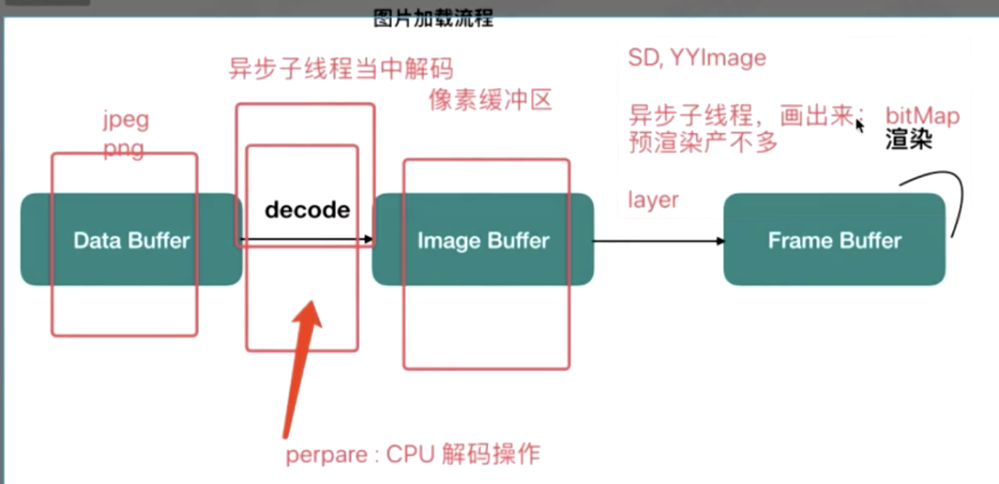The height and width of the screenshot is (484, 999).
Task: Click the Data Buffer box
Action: (x=131, y=240)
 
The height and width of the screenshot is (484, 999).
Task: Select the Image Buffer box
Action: (x=483, y=240)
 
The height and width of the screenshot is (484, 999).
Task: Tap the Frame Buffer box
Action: (x=834, y=240)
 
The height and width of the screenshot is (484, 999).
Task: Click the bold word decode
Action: (x=307, y=210)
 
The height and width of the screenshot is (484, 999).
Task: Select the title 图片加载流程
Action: (x=433, y=19)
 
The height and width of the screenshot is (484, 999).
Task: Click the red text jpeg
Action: (x=126, y=119)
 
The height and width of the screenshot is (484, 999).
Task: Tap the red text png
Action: (x=123, y=149)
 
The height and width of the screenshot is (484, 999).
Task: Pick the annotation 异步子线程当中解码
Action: (x=341, y=69)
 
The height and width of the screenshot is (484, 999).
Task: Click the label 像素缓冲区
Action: (x=490, y=100)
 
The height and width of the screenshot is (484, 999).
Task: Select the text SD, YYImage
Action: (x=696, y=57)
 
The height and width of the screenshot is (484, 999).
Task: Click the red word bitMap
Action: (x=922, y=116)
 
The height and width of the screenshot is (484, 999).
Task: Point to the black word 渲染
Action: (x=908, y=140)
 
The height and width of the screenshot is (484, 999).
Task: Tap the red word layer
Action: (x=653, y=200)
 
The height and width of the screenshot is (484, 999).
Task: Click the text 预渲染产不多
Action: (x=703, y=142)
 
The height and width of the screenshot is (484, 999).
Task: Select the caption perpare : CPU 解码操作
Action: (x=412, y=454)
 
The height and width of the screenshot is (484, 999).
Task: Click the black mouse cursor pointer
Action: (x=859, y=125)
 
